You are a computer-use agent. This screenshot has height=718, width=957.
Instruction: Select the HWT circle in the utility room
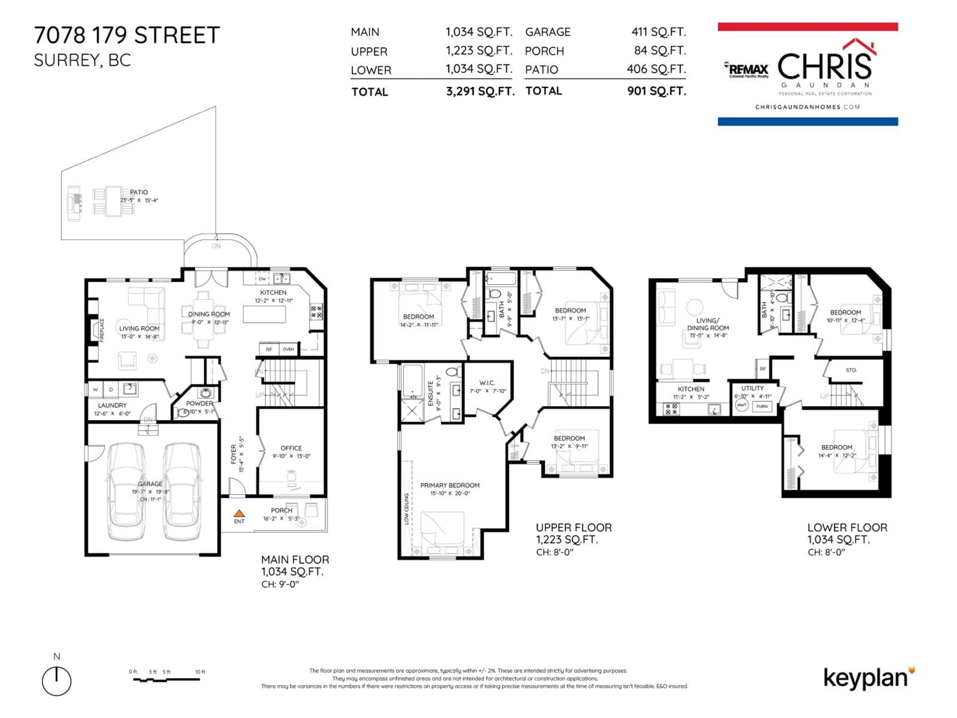click(x=741, y=405)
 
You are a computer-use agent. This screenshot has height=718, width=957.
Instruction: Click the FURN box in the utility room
click(x=762, y=406)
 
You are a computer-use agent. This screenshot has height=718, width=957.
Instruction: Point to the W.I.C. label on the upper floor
click(x=487, y=383)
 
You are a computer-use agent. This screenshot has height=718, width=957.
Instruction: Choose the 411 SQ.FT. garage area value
click(x=658, y=32)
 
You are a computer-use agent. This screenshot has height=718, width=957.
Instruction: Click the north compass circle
click(x=57, y=681)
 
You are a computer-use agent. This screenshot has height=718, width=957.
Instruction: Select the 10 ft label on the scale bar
click(x=200, y=672)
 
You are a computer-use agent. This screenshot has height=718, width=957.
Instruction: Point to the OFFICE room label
click(x=291, y=448)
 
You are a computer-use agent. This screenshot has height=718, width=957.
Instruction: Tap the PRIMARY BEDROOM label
click(x=450, y=485)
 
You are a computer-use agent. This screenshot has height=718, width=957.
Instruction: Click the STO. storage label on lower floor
click(x=851, y=370)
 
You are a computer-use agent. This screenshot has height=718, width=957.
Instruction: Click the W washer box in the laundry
click(x=95, y=389)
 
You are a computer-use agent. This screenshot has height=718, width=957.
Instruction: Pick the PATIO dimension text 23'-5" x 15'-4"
click(x=139, y=200)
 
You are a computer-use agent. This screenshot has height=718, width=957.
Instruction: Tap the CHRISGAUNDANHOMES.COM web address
click(x=807, y=107)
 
